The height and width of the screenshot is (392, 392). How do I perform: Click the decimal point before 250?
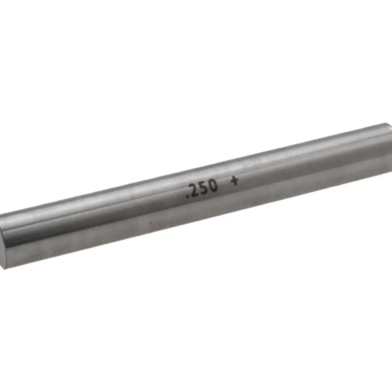187,196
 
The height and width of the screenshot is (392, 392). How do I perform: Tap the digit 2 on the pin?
193,191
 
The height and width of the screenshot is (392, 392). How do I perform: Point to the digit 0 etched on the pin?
213,186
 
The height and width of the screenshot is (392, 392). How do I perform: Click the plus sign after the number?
234,181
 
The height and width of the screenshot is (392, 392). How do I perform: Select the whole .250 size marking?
202,189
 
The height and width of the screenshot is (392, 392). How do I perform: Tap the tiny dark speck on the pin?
150,222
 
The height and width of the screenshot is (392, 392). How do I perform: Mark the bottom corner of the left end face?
4,269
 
